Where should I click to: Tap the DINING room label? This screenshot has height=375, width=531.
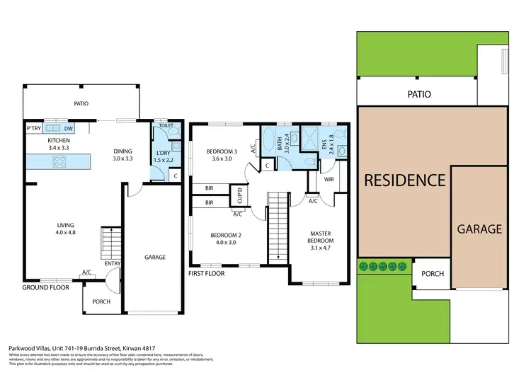(x=125, y=151)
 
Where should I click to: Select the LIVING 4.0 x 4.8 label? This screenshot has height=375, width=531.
(x=65, y=226)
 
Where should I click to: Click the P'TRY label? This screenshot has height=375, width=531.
(x=33, y=129)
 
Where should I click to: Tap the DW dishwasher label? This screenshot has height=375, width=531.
(x=69, y=129)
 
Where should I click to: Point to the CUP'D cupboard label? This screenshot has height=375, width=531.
(x=240, y=194)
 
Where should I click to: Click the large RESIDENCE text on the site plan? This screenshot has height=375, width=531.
(x=404, y=180)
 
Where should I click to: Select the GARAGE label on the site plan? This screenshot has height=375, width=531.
(x=479, y=229)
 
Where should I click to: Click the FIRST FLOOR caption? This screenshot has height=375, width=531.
(x=207, y=273)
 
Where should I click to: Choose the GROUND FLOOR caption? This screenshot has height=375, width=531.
(x=44, y=288)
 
